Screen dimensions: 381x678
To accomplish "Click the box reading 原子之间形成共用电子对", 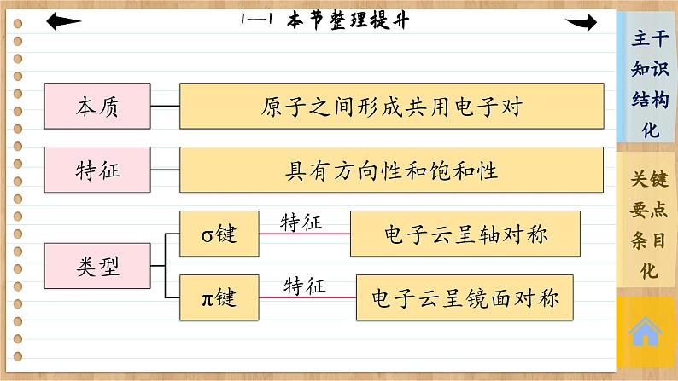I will coord(391,107).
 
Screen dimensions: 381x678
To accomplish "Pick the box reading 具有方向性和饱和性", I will coord(391,170).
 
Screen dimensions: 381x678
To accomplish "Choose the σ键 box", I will coord(219,234).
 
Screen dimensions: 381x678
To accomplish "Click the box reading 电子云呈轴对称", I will coord(465,234).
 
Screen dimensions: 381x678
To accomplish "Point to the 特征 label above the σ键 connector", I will coord(302,222).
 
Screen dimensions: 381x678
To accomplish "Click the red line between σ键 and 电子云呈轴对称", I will coord(304,234).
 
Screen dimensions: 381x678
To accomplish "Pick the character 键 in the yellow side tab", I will coord(658,180).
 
